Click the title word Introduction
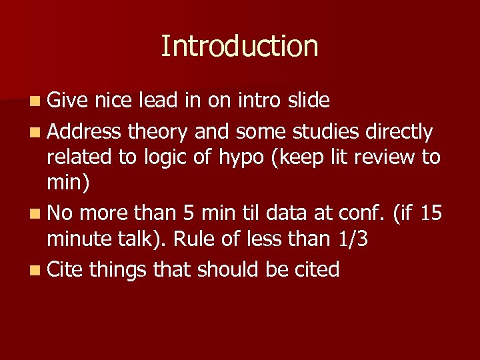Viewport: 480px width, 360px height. point(239,46)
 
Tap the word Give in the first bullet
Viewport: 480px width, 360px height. point(68,101)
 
